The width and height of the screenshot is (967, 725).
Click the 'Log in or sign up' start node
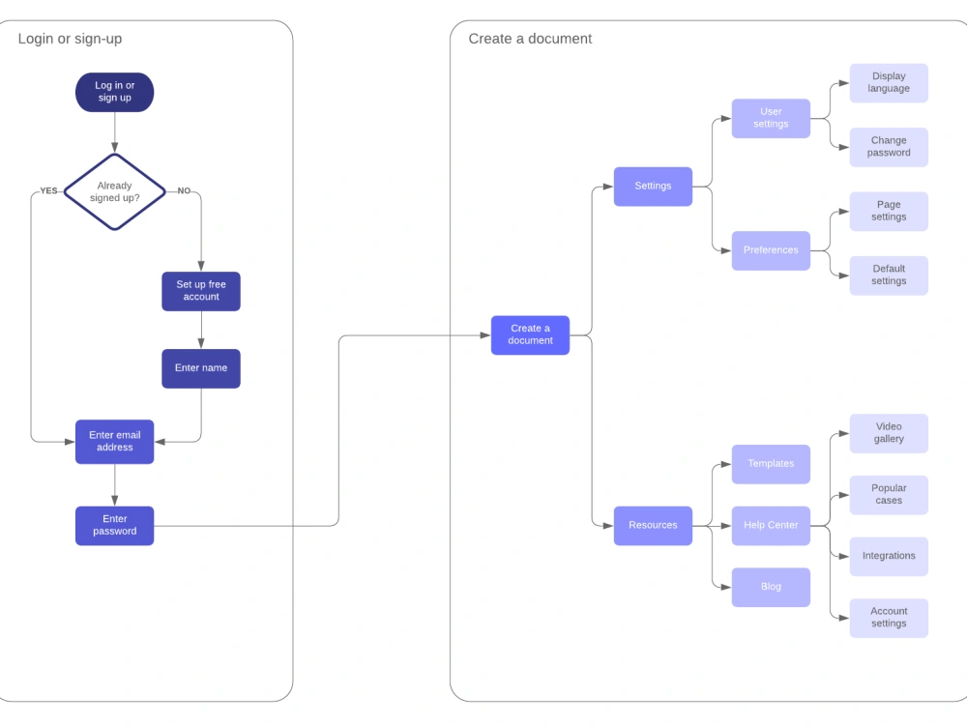pyautogui.click(x=115, y=93)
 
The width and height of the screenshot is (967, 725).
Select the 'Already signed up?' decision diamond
pyautogui.click(x=115, y=191)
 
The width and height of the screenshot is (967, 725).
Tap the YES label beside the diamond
pyautogui.click(x=48, y=191)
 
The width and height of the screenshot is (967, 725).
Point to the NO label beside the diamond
pyautogui.click(x=184, y=191)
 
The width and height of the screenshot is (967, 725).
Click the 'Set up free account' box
pyautogui.click(x=201, y=291)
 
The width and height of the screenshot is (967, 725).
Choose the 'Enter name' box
pyautogui.click(x=201, y=368)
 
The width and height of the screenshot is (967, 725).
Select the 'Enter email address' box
pyautogui.click(x=115, y=442)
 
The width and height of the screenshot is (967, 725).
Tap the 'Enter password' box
pyautogui.click(x=115, y=525)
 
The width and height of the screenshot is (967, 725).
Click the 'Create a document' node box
pyautogui.click(x=530, y=334)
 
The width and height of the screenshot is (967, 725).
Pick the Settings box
pyautogui.click(x=653, y=187)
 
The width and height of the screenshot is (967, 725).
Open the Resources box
pyautogui.click(x=653, y=525)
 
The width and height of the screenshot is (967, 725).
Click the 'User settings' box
pyautogui.click(x=771, y=118)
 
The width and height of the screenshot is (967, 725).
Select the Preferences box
pyautogui.click(x=771, y=250)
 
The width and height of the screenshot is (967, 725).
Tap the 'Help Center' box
pyautogui.click(x=771, y=525)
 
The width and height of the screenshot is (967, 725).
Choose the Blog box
pyautogui.click(x=771, y=587)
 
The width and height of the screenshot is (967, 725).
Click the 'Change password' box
pyautogui.click(x=889, y=147)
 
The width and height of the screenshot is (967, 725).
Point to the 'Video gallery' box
pyautogui.click(x=889, y=433)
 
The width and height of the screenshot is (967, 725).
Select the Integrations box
pyautogui.click(x=889, y=556)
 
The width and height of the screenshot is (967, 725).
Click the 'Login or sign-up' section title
pyautogui.click(x=70, y=39)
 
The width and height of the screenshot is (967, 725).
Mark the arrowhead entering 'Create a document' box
pyautogui.click(x=485, y=335)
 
